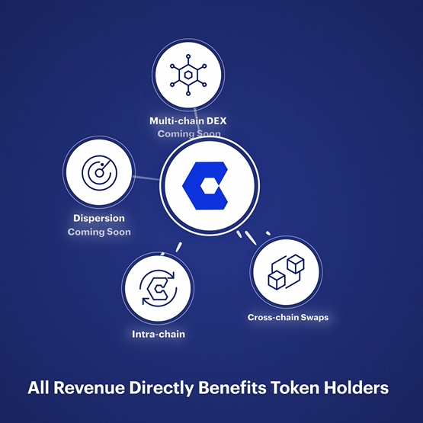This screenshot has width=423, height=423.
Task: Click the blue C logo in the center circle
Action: [205, 186]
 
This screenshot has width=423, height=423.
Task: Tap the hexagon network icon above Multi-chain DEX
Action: [188, 75]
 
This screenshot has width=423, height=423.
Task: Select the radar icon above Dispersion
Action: [99, 173]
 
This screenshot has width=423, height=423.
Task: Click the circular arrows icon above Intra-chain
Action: [158, 288]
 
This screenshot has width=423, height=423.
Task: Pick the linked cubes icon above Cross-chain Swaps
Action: [287, 272]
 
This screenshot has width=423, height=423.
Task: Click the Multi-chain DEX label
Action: [188, 121]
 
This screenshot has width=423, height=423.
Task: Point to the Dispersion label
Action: [99, 218]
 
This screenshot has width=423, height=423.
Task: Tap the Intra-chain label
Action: [159, 335]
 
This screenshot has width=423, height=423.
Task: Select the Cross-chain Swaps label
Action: [288, 317]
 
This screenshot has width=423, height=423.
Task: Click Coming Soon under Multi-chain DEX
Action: [189, 133]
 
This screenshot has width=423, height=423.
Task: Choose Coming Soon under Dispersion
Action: [99, 232]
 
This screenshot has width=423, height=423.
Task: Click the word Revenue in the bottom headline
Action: [89, 388]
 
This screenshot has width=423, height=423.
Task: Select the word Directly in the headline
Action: [162, 389]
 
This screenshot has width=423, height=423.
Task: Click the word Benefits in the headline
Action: [232, 388]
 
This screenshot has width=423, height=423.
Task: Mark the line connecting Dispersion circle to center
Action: [146, 178]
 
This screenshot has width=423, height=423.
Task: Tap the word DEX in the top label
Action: [216, 121]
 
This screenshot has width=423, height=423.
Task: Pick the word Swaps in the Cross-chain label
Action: [315, 318]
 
